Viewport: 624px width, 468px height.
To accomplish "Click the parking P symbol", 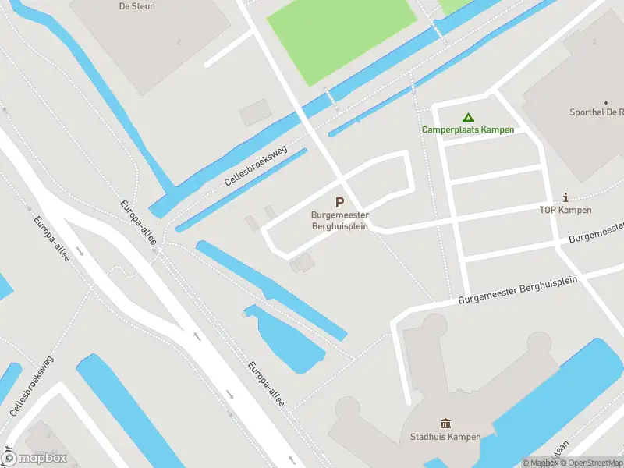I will (339, 203).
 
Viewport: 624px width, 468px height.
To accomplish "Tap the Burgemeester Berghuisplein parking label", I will (340, 220).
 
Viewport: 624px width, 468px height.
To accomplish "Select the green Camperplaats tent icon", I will (468, 117).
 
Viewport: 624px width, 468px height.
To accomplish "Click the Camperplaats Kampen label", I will (468, 129).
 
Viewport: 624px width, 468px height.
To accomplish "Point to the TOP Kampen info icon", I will (565, 198).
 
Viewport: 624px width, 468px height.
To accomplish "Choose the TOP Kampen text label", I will (565, 211).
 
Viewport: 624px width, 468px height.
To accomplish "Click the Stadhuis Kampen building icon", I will (445, 424).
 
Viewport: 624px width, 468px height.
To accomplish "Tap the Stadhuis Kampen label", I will (445, 437).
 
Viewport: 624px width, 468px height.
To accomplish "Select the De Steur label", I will (136, 6).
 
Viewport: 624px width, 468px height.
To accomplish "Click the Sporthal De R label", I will (597, 112).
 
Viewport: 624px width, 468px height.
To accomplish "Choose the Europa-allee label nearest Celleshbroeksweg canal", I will (138, 222).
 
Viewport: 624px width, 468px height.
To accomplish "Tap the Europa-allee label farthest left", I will (51, 239).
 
